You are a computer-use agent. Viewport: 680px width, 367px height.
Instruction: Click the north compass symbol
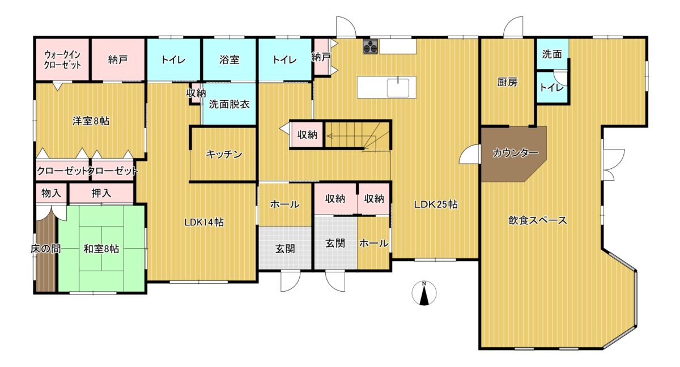[x=424, y=293]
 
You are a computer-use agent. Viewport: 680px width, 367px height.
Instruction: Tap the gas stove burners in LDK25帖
[x=371, y=47]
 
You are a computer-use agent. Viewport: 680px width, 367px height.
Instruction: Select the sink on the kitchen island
[x=398, y=88]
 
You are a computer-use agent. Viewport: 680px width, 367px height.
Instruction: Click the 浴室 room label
[x=229, y=60]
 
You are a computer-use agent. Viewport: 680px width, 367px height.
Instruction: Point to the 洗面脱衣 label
[x=229, y=105]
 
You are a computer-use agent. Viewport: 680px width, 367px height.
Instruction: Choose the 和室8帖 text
[x=101, y=249]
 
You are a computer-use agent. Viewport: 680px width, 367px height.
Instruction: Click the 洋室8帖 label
[x=91, y=121]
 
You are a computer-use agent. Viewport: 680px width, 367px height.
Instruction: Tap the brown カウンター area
[x=513, y=153]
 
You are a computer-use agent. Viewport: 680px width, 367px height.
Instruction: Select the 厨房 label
[x=507, y=82]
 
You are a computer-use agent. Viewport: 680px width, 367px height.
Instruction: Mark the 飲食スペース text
[x=538, y=220]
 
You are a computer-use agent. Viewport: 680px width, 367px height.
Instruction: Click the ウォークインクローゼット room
[x=62, y=59]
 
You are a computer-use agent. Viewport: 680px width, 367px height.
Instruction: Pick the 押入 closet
[x=101, y=193]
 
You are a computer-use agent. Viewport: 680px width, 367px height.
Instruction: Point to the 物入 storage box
[x=51, y=193]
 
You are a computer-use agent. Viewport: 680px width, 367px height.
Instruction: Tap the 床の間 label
[x=45, y=249]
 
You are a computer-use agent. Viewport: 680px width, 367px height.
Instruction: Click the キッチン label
[x=224, y=155]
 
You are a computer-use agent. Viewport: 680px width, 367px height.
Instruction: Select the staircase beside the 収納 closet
[x=358, y=135]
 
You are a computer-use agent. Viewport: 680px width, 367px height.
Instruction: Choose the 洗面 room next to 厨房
[x=552, y=54]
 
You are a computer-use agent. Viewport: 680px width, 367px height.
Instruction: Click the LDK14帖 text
[x=204, y=223]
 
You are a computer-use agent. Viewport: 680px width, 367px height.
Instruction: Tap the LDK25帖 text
[x=436, y=204]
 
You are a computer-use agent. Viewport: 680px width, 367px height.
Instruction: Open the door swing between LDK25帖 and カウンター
[x=470, y=155]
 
